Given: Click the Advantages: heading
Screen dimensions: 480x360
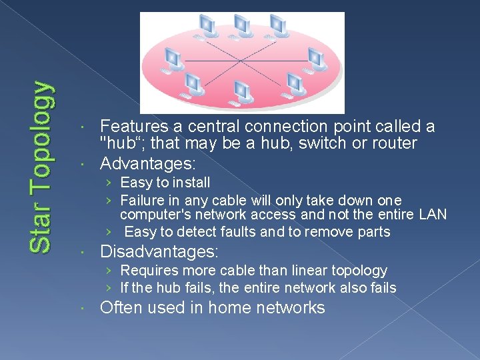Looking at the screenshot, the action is coord(147,163).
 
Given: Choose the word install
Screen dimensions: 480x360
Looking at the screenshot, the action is coord(191,182).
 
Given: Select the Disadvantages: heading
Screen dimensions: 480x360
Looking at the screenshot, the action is coord(159,252).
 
